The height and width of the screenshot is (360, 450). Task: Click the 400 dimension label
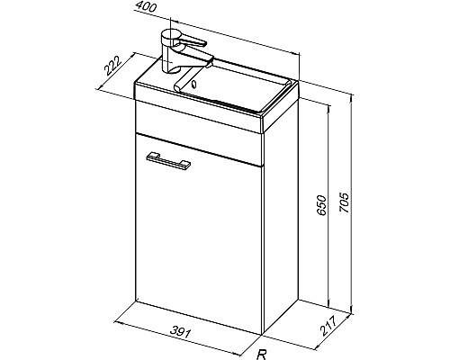point(146,6)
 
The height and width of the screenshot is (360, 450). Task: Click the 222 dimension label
point(112,66)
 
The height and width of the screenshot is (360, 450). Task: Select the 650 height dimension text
point(321,205)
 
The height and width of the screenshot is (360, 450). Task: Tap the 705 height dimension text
point(344,202)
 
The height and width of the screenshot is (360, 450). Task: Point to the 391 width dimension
point(181,332)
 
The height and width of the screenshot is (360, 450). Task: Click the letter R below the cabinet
point(262,355)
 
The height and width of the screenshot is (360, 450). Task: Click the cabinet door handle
point(168,160)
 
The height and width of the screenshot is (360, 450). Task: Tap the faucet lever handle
point(192,41)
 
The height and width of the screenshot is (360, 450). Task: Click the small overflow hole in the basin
point(193,84)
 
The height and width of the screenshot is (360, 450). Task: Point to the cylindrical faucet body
point(169,52)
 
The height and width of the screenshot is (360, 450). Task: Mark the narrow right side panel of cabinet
point(282,216)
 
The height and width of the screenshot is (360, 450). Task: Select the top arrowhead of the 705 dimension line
point(351,98)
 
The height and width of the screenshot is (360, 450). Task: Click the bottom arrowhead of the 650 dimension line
point(329,303)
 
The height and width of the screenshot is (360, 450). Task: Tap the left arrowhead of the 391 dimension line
point(119,323)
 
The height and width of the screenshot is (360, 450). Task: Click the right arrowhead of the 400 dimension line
point(296,54)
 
